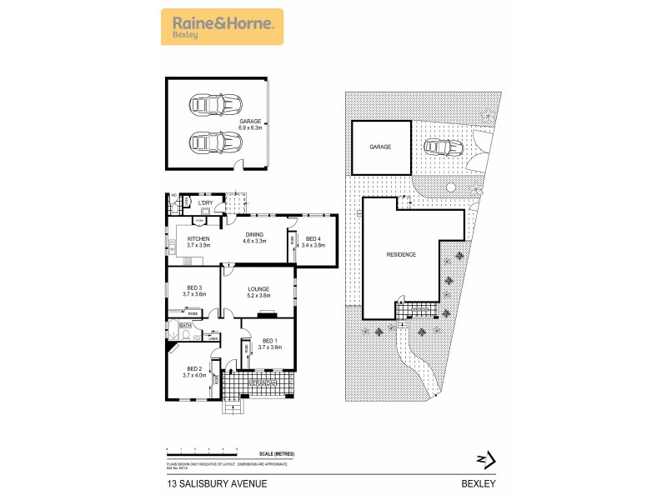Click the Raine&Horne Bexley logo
click(x=221, y=27)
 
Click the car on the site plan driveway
click(x=442, y=147)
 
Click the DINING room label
click(x=254, y=237)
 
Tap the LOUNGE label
click(x=258, y=292)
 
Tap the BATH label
click(x=186, y=325)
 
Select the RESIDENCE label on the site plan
click(x=400, y=254)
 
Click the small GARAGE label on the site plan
click(x=381, y=147)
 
